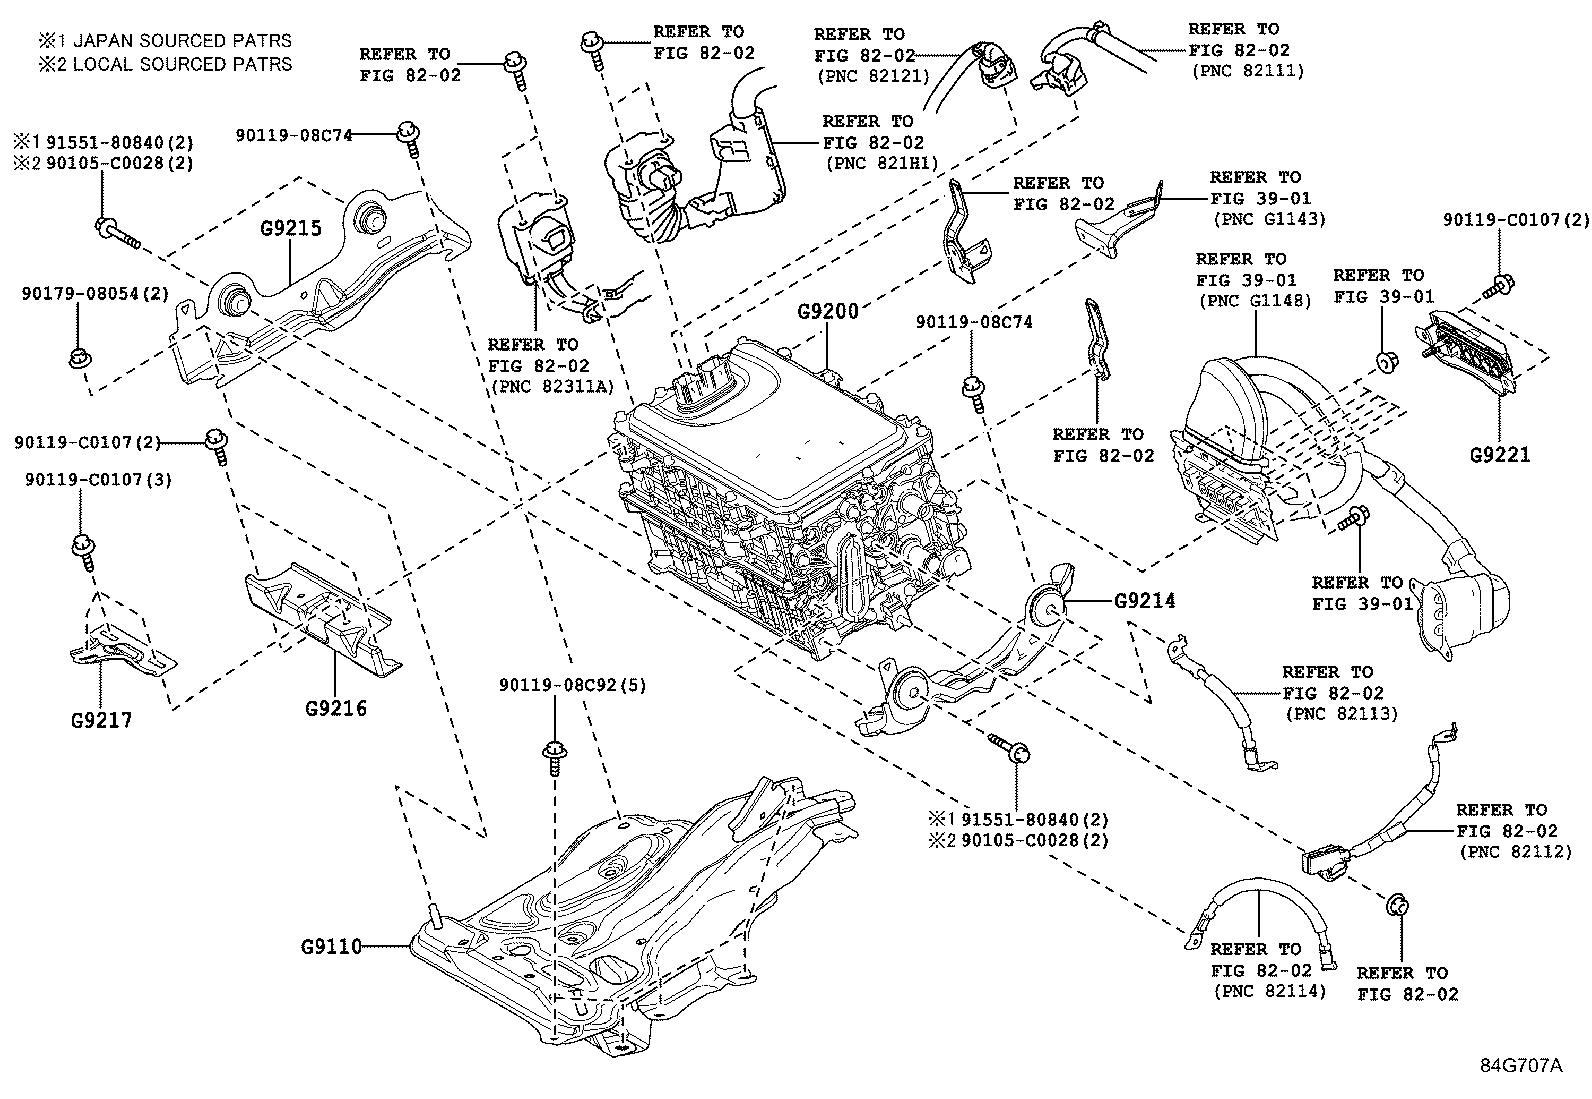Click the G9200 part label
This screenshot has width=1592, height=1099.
coord(827,311)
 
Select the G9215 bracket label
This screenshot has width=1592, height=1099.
coord(290,229)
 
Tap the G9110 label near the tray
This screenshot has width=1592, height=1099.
coord(331,945)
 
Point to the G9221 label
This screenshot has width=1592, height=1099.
coord(1499,455)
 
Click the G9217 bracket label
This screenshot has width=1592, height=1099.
coord(101,720)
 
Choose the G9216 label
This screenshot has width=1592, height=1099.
coord(335,709)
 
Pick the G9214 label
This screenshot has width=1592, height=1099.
coord(1145,601)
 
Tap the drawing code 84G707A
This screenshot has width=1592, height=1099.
coord(1520,1065)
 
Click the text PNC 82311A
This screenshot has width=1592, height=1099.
coord(550,387)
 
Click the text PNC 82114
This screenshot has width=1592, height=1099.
coord(1269,992)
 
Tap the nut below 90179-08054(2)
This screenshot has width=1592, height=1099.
coord(77,357)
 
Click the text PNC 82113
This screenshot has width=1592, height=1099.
coord(1341,714)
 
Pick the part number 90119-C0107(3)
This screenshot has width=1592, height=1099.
coord(98,480)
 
